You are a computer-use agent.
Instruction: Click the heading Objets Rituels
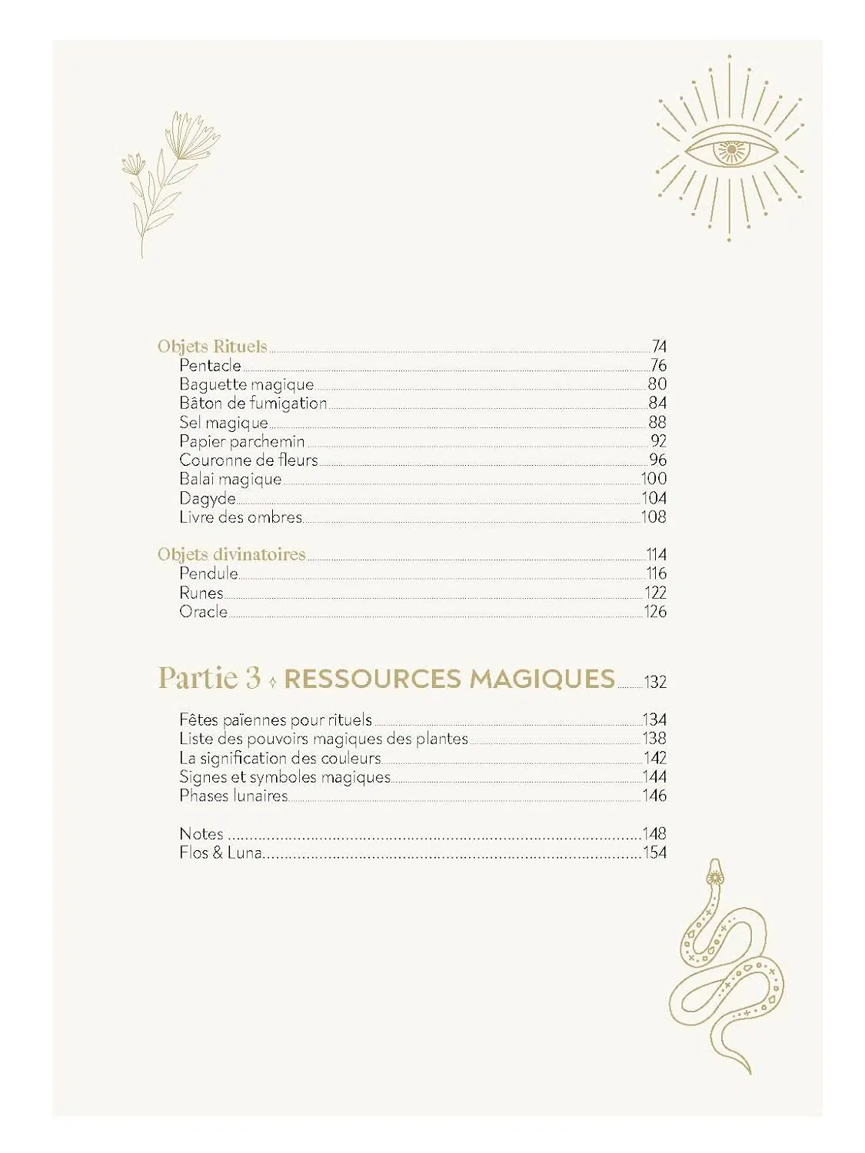click(x=212, y=347)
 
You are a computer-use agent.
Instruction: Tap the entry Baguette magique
click(x=246, y=384)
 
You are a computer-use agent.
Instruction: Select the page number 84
click(x=657, y=403)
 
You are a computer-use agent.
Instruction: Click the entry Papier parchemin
click(x=241, y=441)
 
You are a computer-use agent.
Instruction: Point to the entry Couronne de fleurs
click(x=248, y=460)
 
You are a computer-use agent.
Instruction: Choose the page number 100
click(x=654, y=479)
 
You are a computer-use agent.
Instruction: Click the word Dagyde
click(x=207, y=499)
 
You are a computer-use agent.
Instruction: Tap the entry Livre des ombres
click(x=241, y=517)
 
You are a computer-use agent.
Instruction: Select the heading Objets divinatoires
click(x=231, y=554)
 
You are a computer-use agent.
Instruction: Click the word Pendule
click(x=208, y=573)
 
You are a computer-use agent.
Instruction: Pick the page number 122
click(x=655, y=593)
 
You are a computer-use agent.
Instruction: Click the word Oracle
click(x=203, y=612)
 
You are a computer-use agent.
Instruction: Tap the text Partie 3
click(x=209, y=678)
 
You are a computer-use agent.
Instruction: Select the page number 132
click(x=655, y=683)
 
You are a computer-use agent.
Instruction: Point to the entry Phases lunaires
click(x=233, y=796)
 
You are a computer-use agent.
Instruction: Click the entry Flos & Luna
click(x=220, y=852)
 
